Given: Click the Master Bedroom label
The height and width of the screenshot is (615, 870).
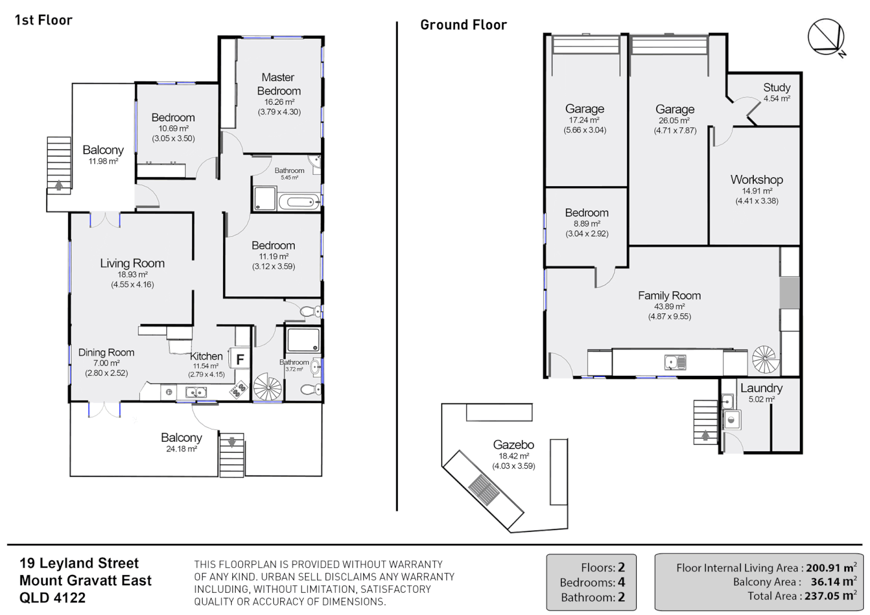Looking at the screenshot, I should [278, 84].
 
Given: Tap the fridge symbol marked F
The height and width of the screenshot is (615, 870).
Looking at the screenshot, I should [240, 359].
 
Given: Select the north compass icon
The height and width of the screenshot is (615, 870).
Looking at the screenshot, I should [826, 38].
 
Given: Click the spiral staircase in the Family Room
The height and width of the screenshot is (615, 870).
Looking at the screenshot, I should [765, 359].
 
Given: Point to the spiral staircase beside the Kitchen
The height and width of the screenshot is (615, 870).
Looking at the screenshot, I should [267, 388].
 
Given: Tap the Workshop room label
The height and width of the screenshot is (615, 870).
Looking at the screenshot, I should [757, 179].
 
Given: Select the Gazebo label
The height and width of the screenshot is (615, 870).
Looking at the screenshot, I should [513, 445].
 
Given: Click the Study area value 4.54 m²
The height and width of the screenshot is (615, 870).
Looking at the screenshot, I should [777, 99].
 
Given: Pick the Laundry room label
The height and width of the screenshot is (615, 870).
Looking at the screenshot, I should [761, 388].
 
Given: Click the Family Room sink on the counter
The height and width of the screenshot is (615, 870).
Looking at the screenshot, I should [675, 362].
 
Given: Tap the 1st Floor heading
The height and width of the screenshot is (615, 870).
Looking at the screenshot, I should [43, 20].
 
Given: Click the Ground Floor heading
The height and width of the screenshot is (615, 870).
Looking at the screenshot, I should [463, 25].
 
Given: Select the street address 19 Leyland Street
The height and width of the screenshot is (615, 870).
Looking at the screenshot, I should [79, 563].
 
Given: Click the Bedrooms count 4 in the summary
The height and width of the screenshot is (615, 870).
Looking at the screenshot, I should [621, 583].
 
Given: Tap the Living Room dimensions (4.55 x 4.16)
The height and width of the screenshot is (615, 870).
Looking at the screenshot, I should [133, 284].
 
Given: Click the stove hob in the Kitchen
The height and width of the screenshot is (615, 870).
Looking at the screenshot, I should [239, 390].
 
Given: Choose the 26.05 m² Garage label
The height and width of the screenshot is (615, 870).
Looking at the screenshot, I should [675, 109].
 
